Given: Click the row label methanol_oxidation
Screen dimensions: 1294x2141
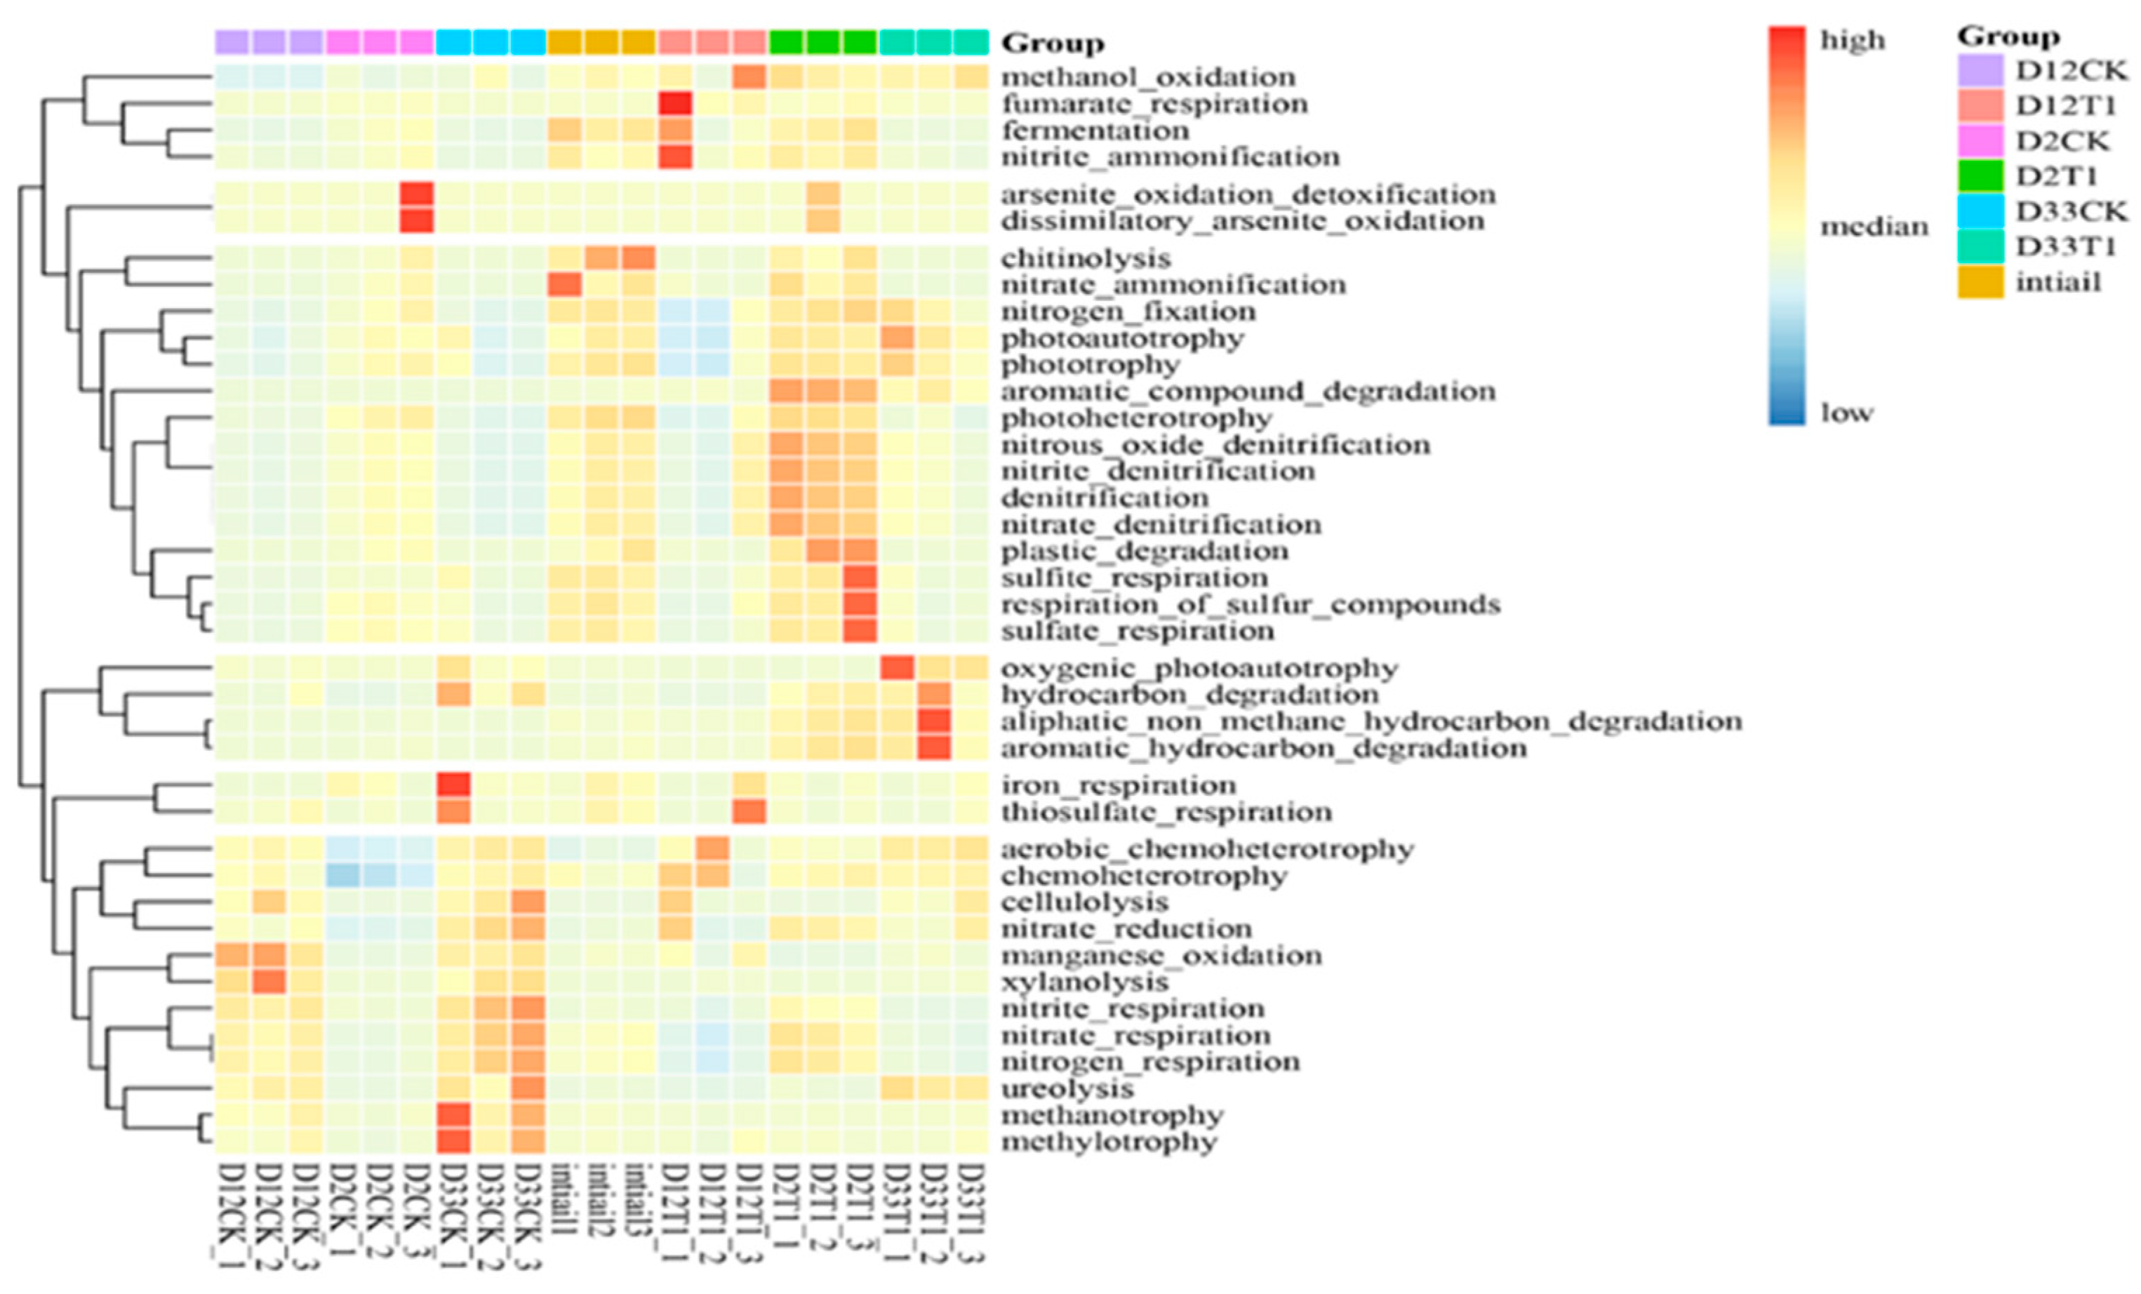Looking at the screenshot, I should pos(1147,77).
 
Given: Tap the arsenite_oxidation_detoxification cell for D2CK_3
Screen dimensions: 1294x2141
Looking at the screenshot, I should pos(416,194).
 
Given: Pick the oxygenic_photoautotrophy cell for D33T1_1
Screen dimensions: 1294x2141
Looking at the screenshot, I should pos(897,668).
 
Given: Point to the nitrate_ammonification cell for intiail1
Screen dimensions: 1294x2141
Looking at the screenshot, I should pos(564,284).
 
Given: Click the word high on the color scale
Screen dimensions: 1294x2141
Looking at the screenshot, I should pos(1853,41).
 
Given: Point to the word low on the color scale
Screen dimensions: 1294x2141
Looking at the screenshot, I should pos(1846,413).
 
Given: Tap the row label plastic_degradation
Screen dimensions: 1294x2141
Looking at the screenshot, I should pos(1144,551).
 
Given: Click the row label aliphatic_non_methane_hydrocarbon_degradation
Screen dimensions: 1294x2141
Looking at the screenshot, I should pos(1370,721).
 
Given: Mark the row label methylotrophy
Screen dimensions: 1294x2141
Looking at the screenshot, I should pos(1108,1141).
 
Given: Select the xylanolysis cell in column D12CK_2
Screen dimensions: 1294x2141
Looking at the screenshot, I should pos(269,982).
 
